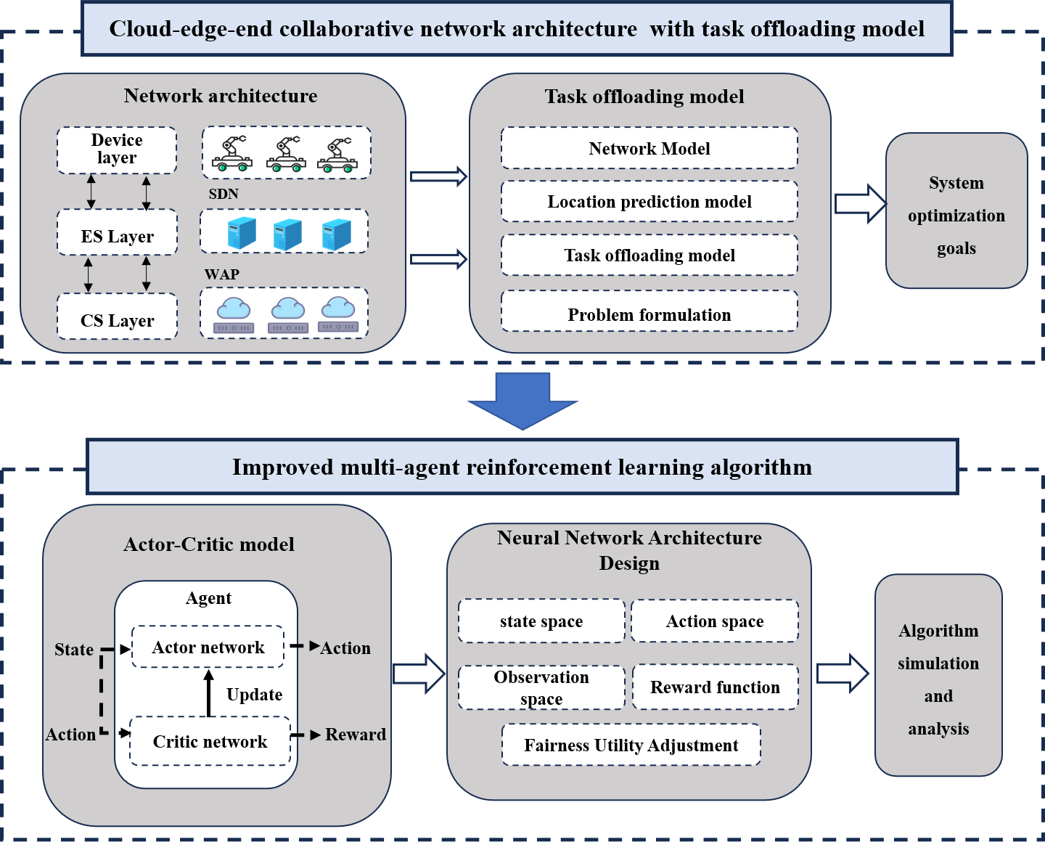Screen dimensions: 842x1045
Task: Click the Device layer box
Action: pyautogui.click(x=117, y=150)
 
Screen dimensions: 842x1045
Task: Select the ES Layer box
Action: pyautogui.click(x=117, y=233)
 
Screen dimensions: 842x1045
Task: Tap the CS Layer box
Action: pyautogui.click(x=117, y=317)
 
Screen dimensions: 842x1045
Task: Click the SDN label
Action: pyautogui.click(x=224, y=194)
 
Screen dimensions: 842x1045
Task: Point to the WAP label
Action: pyautogui.click(x=221, y=274)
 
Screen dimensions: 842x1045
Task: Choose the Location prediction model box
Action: pyautogui.click(x=649, y=202)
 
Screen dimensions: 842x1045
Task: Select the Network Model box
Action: pyautogui.click(x=649, y=149)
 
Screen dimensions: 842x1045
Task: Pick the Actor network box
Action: pyautogui.click(x=208, y=647)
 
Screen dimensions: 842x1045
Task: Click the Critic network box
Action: pyautogui.click(x=210, y=741)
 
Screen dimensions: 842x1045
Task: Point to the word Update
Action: pyautogui.click(x=254, y=695)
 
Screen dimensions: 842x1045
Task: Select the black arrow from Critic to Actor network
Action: pyautogui.click(x=209, y=693)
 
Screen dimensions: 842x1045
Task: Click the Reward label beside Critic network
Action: pyautogui.click(x=355, y=735)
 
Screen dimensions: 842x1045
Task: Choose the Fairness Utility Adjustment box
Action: pyautogui.click(x=631, y=745)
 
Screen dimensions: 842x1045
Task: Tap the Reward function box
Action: pyautogui.click(x=715, y=687)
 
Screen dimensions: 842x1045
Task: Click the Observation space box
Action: pyautogui.click(x=541, y=687)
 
